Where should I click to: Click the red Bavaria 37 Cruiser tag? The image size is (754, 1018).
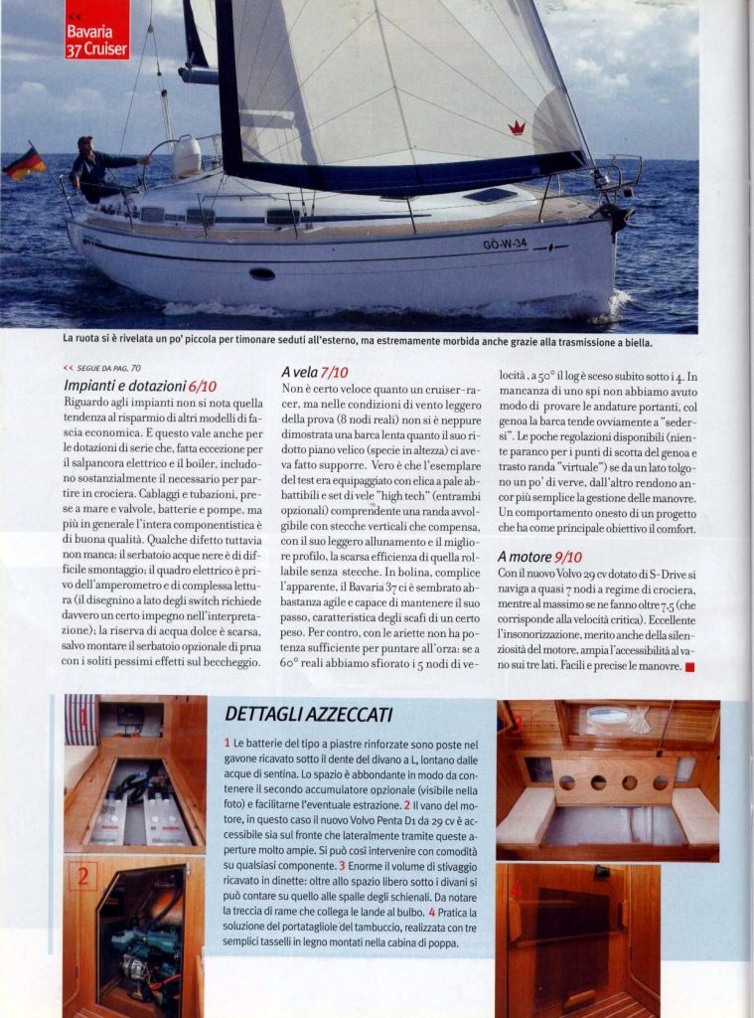96,30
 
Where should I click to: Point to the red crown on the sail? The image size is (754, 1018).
517,127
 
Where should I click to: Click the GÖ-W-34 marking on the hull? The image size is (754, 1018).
505,244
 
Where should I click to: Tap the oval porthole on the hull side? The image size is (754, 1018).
262,273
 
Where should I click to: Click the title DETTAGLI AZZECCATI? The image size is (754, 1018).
308,714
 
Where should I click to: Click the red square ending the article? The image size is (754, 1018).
689,666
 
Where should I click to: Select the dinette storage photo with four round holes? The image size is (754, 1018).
608,780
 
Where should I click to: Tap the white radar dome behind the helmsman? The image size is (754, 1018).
186,156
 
